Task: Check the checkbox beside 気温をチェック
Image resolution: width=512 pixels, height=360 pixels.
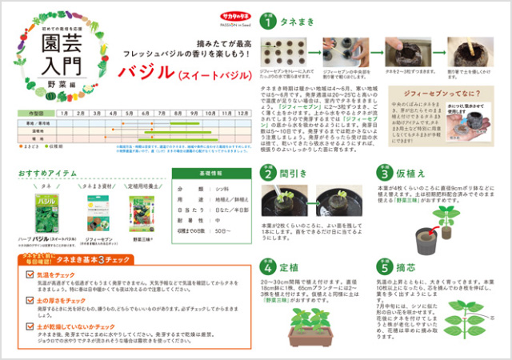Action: [32, 274]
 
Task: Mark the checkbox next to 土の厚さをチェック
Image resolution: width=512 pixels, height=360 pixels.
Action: [32, 300]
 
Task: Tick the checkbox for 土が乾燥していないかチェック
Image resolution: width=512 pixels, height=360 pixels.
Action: [32, 326]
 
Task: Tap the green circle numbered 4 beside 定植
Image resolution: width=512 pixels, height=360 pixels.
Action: [270, 266]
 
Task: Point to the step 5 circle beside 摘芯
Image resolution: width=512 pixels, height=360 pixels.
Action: [384, 266]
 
